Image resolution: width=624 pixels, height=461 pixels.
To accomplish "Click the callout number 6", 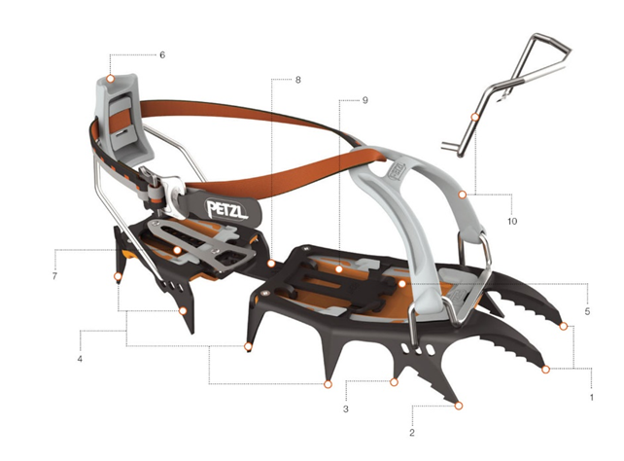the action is [x=162, y=54].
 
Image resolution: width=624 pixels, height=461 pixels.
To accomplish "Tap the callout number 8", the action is [x=297, y=80].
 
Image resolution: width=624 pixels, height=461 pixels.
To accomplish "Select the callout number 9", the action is [x=364, y=100].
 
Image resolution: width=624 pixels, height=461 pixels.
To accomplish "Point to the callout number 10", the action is [x=512, y=221].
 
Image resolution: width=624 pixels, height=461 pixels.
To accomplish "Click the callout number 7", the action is [x=54, y=276].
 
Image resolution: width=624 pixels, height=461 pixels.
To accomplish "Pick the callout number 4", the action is [x=80, y=359].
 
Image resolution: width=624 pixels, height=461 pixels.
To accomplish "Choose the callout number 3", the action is [x=346, y=408].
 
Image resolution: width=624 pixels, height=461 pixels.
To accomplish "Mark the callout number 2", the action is [x=412, y=433].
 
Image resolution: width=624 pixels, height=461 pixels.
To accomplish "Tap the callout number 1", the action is [x=592, y=398].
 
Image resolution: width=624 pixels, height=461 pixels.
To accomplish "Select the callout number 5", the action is [x=587, y=311].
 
